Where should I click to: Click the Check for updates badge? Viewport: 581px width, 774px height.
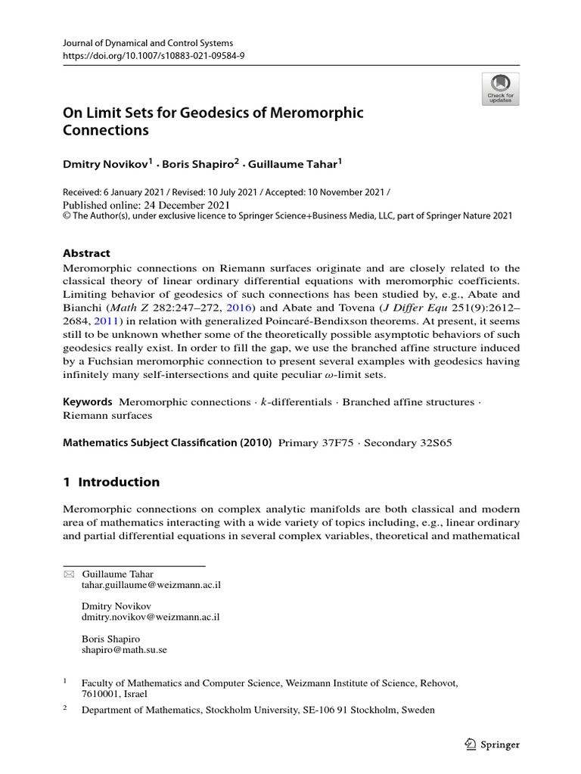click(x=500, y=88)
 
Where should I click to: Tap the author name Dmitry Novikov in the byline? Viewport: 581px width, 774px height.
click(x=105, y=163)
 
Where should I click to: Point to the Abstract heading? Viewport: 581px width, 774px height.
click(x=86, y=253)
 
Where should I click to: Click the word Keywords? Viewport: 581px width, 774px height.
click(x=87, y=402)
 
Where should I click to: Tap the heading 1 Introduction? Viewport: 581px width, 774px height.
click(x=111, y=482)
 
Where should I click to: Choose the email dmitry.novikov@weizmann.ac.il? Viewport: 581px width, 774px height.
click(x=150, y=617)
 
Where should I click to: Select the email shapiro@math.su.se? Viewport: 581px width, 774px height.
click(x=124, y=649)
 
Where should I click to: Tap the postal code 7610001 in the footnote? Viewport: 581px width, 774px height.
click(x=102, y=693)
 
